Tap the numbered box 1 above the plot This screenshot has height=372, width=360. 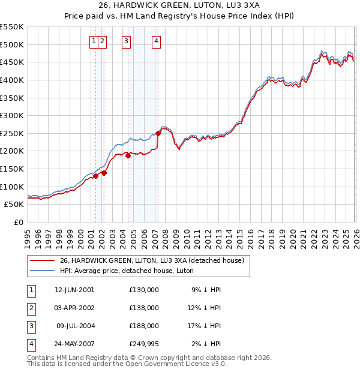click(95, 41)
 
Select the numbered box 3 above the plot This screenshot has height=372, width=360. click(127, 41)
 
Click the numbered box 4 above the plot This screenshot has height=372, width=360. click(156, 41)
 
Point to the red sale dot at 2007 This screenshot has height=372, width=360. click(158, 133)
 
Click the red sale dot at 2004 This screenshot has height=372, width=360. click(128, 155)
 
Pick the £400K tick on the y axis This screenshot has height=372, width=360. click(12, 80)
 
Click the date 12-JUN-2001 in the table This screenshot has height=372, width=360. click(74, 290)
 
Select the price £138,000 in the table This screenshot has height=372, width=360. click(144, 308)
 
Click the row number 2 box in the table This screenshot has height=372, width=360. click(30, 308)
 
